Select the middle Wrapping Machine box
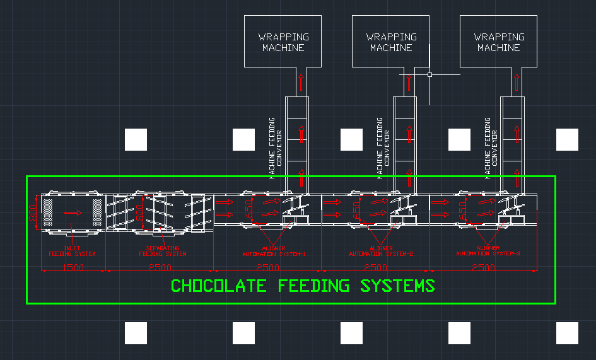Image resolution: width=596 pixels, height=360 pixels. point(391,42)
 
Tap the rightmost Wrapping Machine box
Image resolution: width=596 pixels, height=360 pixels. point(498,42)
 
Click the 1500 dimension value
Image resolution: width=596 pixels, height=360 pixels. point(73,268)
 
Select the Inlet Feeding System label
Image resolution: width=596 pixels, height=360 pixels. point(72,251)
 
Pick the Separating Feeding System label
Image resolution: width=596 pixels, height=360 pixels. point(162,251)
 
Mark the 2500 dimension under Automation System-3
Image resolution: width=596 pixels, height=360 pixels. point(483,268)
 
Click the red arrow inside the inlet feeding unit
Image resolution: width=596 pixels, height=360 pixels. point(73,212)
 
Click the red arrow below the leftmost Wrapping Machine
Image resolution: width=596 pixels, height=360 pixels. point(301,81)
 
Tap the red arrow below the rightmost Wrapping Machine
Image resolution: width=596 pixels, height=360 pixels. point(516,81)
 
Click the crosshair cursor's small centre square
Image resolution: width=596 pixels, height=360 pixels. point(429,74)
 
